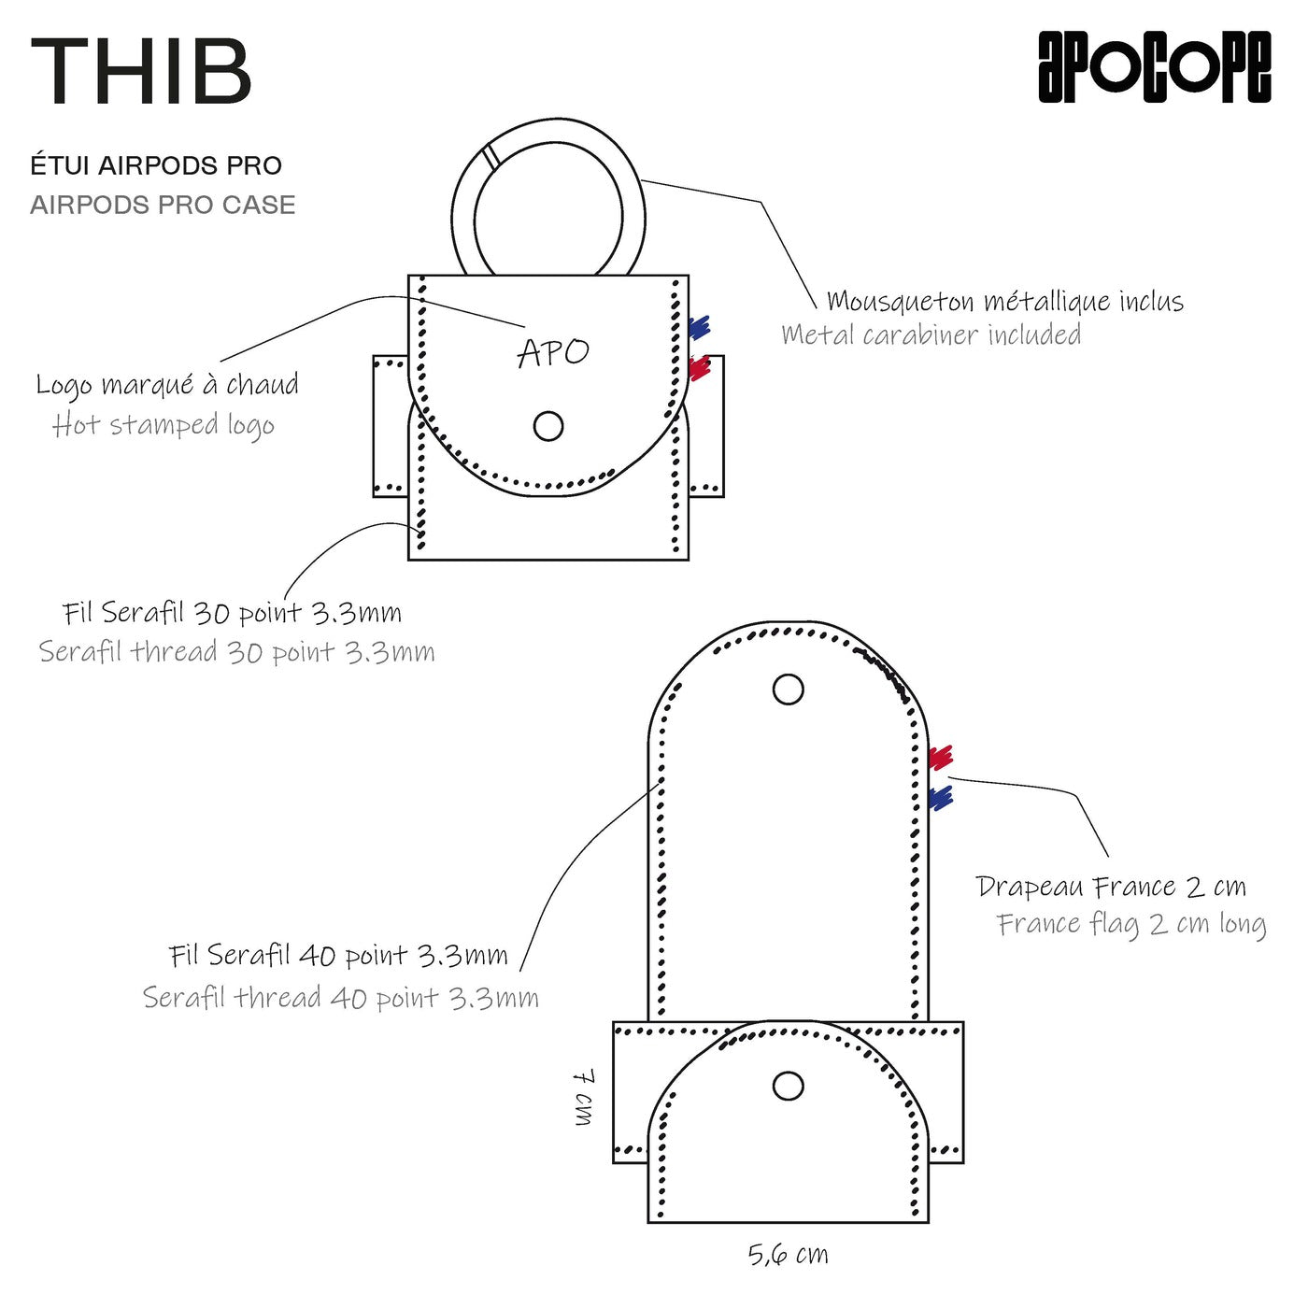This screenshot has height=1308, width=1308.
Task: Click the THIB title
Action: tap(141, 71)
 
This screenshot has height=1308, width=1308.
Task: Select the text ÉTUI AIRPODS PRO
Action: tap(156, 166)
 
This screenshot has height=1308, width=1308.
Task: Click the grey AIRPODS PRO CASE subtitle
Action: tap(163, 205)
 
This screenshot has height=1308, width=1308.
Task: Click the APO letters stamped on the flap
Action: tap(553, 352)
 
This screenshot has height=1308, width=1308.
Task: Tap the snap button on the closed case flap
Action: tap(548, 426)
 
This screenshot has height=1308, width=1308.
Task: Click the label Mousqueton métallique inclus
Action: tap(1004, 302)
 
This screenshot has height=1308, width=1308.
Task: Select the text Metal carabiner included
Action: tap(931, 334)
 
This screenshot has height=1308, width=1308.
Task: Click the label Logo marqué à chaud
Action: tap(167, 384)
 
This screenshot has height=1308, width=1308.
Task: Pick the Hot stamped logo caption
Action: tap(163, 425)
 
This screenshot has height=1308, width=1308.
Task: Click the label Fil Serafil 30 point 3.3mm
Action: tap(232, 613)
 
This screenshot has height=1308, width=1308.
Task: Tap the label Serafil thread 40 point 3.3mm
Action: tap(340, 998)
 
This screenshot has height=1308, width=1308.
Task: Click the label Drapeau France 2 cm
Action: tap(1110, 886)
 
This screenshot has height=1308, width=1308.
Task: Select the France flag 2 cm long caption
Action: tap(1130, 924)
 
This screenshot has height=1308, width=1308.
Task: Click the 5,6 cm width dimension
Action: tap(788, 1254)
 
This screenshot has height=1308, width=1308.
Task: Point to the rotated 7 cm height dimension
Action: tap(584, 1097)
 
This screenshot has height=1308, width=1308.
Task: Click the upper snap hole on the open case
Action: tap(789, 690)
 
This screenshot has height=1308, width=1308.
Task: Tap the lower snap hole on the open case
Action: tap(789, 1086)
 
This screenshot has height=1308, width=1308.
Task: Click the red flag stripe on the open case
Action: tap(940, 757)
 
